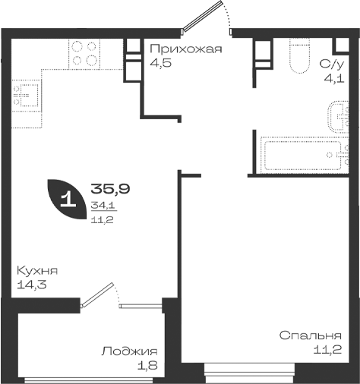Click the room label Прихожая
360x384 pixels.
point(186,49)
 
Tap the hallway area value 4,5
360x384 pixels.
point(161,63)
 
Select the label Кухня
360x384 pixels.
point(37,271)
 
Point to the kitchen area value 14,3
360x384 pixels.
point(32,285)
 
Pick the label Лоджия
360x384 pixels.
point(129,352)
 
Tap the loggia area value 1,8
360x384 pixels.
point(147,365)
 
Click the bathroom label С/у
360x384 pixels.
point(332,65)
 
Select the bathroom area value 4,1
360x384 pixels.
point(334,79)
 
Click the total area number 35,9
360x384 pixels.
point(110,189)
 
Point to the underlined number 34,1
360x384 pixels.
point(104,206)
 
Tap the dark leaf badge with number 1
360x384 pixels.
point(67,200)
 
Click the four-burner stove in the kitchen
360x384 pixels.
point(84,54)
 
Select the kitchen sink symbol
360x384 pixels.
point(26,96)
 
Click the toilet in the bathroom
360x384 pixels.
point(300,56)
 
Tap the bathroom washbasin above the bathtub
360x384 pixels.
point(339,117)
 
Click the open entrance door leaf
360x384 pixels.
point(203,16)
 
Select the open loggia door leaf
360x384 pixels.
point(97,295)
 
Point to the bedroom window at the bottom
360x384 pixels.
point(249,373)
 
